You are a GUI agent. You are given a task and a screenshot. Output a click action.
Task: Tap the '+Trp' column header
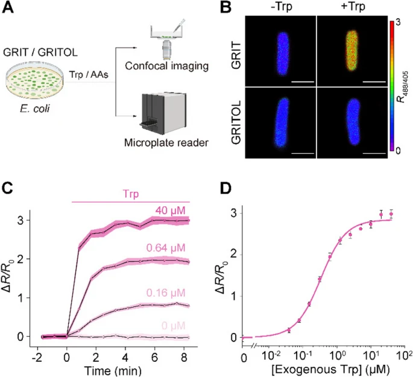click(x=353, y=8)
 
